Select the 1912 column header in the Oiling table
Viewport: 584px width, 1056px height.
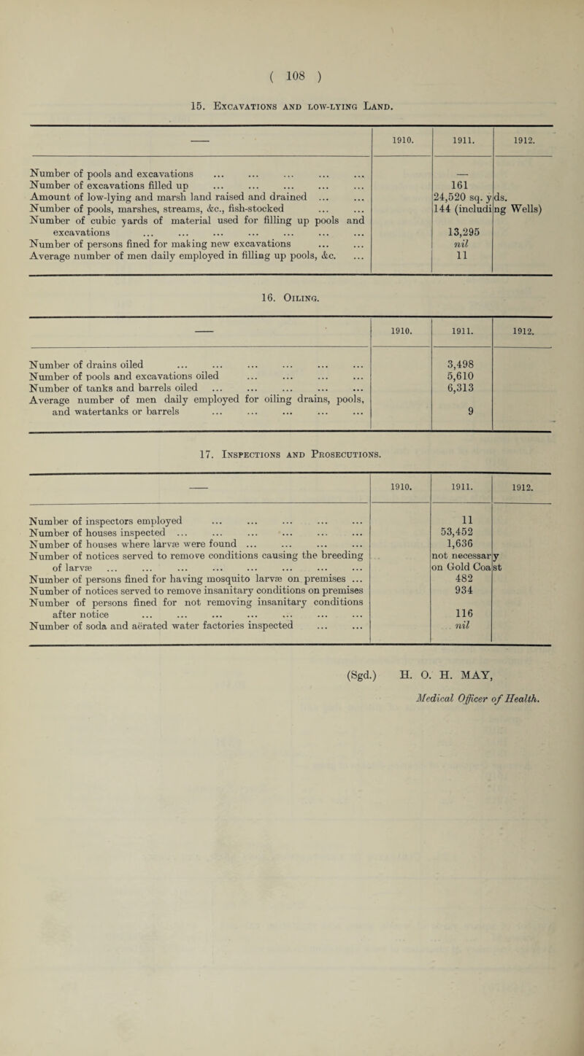coord(521,339)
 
